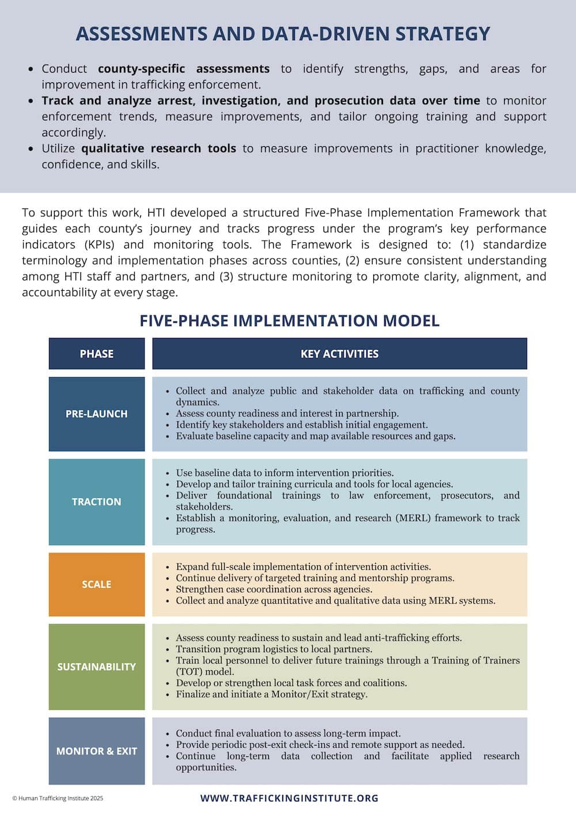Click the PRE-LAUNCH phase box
[x=97, y=414]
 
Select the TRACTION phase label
[x=97, y=502]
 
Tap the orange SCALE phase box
[x=97, y=584]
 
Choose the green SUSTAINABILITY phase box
[x=97, y=667]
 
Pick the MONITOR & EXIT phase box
[x=97, y=751]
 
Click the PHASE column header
[x=97, y=353]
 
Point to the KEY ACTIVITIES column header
[x=339, y=353]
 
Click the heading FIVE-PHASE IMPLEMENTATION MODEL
[x=289, y=321]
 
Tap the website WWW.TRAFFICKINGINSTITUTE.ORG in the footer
[x=289, y=798]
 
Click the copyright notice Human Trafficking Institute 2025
[x=58, y=798]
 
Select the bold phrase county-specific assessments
[x=183, y=69]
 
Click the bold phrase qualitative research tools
[x=158, y=149]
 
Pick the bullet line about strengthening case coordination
[x=274, y=589]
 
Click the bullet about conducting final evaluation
[x=288, y=733]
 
